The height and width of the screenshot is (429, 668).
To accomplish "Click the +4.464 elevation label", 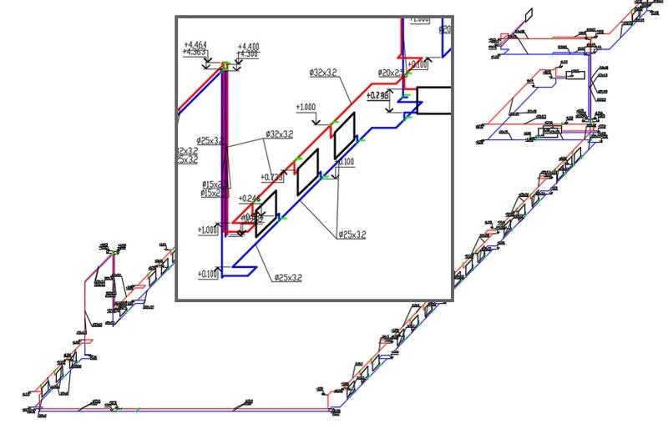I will click(x=195, y=44).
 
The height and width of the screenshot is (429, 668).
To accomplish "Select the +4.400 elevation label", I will click(x=248, y=47).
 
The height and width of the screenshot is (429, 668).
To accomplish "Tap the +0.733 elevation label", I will click(x=272, y=177).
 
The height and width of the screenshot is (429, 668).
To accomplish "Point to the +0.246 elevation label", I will click(x=249, y=198).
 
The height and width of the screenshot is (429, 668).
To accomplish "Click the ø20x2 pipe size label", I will click(x=389, y=73).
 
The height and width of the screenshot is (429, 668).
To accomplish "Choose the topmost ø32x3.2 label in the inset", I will click(x=322, y=73).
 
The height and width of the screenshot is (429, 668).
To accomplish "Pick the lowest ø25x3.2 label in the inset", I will click(x=287, y=278).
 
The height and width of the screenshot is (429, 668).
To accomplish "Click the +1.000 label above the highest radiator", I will click(x=306, y=107).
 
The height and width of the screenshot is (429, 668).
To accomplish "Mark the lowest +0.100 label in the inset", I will click(x=208, y=273).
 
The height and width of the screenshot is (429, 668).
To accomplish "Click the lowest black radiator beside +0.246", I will click(x=266, y=207).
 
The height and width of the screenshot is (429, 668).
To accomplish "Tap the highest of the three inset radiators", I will click(x=344, y=142).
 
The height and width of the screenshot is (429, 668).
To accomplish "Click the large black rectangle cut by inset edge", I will click(x=433, y=100).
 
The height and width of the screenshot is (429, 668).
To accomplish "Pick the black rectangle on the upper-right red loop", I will click(x=572, y=74).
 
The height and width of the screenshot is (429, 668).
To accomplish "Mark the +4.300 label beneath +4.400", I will click(x=248, y=54).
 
